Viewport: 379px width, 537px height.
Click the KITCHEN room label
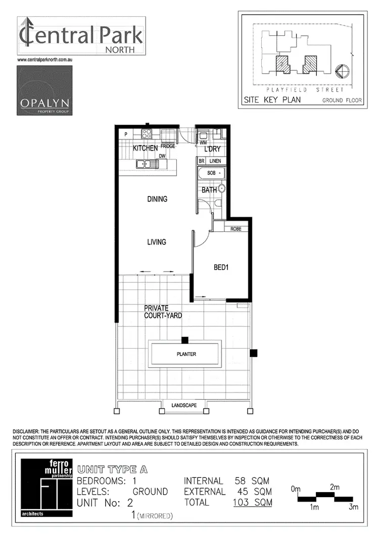coord(145,149)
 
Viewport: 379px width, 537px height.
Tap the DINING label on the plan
coord(157,199)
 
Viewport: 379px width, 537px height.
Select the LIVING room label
coord(156,242)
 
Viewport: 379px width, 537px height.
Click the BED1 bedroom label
coord(221,268)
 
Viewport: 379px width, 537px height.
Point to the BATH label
coord(209,190)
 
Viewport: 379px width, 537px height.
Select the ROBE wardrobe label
coord(235,229)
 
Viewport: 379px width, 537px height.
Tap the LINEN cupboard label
coord(216,161)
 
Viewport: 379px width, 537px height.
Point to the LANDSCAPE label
coord(184,405)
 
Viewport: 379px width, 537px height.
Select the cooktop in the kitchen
coord(147,134)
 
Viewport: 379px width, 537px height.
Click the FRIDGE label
coord(168,146)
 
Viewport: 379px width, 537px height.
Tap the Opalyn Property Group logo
coord(44,91)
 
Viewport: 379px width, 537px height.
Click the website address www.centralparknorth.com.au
coord(46,60)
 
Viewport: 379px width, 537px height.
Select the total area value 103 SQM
coord(252,502)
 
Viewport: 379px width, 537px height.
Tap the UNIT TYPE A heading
coord(112,469)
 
